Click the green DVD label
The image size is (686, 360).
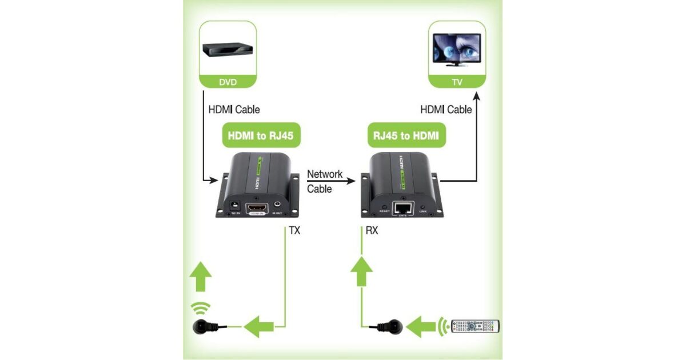click(x=228, y=82)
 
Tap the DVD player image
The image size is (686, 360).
click(x=228, y=50)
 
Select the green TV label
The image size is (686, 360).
click(x=457, y=82)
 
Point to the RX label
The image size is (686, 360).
click(x=372, y=231)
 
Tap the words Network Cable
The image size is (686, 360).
click(x=324, y=181)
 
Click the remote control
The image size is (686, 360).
click(x=475, y=326)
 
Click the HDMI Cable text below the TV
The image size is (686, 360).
click(x=446, y=109)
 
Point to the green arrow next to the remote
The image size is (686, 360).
click(x=426, y=326)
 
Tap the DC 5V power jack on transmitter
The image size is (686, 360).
click(x=233, y=204)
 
